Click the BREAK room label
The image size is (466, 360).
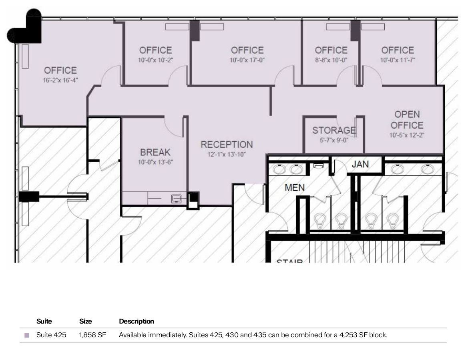155,152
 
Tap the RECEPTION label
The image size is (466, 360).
227,144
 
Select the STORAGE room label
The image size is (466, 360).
334,130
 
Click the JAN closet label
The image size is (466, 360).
360,164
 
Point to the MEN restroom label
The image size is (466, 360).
294,187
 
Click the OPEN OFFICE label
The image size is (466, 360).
407,120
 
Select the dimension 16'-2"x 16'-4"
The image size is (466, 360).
60,80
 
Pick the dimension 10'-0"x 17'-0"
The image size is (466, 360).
247,60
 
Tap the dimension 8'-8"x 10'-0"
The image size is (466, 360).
331,60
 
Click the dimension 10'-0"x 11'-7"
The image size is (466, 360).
397,60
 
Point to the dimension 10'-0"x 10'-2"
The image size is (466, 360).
155,60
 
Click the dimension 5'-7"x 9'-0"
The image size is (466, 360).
333,140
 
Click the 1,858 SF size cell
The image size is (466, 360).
92,335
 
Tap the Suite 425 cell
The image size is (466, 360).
51,335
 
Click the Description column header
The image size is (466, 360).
136,321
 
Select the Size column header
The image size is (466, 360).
85,321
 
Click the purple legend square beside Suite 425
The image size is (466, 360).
27,335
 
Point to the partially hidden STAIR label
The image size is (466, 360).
289,262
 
